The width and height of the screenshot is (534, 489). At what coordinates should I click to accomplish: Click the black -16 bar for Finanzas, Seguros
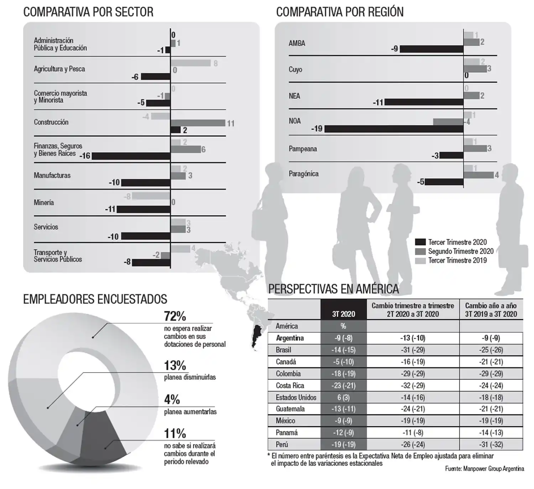(x=131, y=156)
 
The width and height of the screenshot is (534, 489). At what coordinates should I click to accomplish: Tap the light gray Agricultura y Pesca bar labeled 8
(x=190, y=63)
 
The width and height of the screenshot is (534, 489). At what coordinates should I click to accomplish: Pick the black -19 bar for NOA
(x=394, y=129)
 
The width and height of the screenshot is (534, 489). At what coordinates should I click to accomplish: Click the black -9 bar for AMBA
(x=431, y=49)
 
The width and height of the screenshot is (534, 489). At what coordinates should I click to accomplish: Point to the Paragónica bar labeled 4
(x=478, y=175)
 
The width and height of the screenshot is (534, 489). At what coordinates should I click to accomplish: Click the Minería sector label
(x=44, y=202)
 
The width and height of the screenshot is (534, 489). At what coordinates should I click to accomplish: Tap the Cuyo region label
(x=295, y=69)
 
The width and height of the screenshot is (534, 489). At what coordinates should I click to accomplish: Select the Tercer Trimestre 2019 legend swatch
(x=420, y=261)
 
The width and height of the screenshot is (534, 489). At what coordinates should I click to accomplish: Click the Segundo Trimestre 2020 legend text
(x=461, y=251)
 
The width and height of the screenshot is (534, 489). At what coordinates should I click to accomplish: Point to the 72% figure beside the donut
(x=175, y=316)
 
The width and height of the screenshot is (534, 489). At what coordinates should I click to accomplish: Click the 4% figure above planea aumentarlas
(x=172, y=399)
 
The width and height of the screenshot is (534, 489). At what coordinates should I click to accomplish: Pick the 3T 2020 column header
(x=344, y=314)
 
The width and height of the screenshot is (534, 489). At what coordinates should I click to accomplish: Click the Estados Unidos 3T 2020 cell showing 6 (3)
(x=344, y=397)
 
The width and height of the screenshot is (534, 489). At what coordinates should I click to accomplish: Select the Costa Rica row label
(x=290, y=385)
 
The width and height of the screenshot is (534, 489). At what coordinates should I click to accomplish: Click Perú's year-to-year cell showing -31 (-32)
(x=491, y=444)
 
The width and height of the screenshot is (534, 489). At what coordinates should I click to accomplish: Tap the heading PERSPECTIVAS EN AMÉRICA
(x=333, y=289)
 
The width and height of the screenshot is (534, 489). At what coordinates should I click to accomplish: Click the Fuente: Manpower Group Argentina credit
(x=484, y=469)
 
